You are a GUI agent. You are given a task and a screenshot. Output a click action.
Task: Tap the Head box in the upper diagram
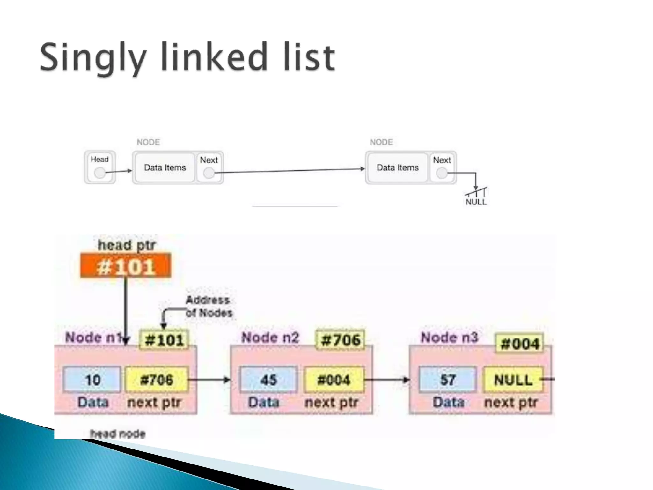pyautogui.click(x=100, y=167)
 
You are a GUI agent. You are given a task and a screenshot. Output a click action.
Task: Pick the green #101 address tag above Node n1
pyautogui.click(x=164, y=340)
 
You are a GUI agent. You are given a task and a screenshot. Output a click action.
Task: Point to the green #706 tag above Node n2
pyautogui.click(x=341, y=340)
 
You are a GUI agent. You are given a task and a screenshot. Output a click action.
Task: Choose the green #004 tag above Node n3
pyautogui.click(x=520, y=344)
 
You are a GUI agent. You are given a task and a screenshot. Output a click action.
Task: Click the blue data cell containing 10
pyautogui.click(x=92, y=380)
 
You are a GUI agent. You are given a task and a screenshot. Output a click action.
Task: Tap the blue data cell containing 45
pyautogui.click(x=268, y=380)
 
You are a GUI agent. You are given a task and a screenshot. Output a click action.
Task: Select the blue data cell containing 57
pyautogui.click(x=447, y=380)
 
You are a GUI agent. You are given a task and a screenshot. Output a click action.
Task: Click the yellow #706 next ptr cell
pyautogui.click(x=157, y=380)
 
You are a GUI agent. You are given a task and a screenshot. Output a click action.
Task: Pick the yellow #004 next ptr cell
pyautogui.click(x=334, y=380)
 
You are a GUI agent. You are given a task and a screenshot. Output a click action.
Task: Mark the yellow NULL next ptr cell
pyautogui.click(x=513, y=380)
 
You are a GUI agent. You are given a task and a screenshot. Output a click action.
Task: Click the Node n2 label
pyautogui.click(x=270, y=338)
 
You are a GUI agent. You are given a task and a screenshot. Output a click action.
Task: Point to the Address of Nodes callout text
pyautogui.click(x=209, y=307)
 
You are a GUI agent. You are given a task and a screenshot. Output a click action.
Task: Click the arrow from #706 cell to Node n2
pyautogui.click(x=209, y=380)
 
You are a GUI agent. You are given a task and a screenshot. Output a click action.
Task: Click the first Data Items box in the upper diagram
pyautogui.click(x=165, y=168)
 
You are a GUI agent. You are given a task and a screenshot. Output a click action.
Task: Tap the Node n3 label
pyautogui.click(x=449, y=338)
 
